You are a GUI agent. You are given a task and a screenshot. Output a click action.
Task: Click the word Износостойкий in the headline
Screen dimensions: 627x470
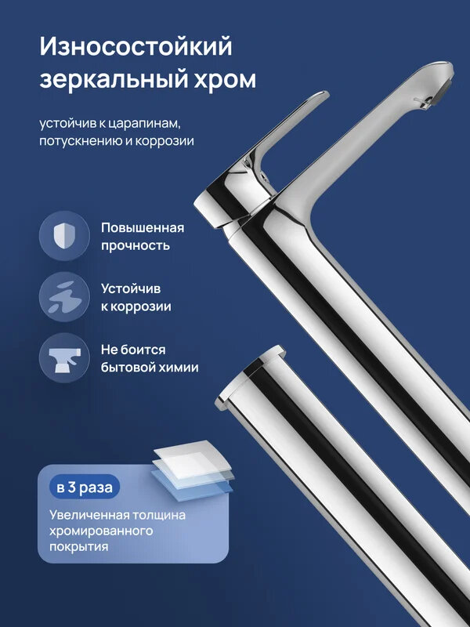pyautogui.click(x=136, y=48)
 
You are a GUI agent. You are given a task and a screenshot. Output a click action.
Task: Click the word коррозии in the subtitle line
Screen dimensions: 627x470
pyautogui.click(x=167, y=141)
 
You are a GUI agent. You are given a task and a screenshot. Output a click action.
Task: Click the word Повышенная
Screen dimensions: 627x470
pyautogui.click(x=142, y=227)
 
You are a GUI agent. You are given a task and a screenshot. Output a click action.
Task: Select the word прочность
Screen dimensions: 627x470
pyautogui.click(x=135, y=245)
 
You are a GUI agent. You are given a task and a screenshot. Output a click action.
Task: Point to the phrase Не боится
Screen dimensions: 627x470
pyautogui.click(x=133, y=349)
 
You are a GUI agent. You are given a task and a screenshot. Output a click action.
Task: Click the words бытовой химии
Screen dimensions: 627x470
pyautogui.click(x=149, y=367)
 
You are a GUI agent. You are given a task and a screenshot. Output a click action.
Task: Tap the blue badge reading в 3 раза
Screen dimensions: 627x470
pyautogui.click(x=85, y=487)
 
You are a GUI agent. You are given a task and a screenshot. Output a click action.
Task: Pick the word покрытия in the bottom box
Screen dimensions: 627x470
pyautogui.click(x=78, y=547)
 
